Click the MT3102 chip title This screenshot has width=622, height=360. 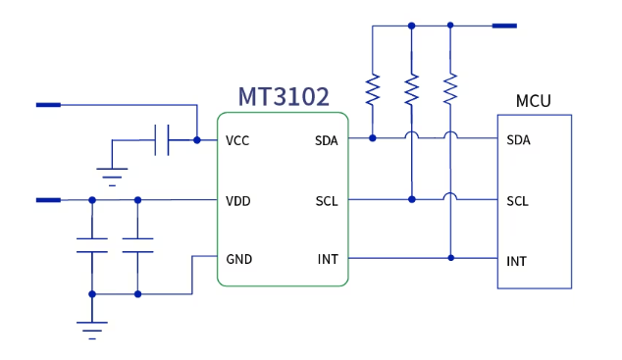pos(283,96)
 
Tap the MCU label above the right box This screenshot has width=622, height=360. pos(533,101)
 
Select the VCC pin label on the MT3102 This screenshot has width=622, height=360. pos(237,140)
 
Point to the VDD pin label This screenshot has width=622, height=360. pos(238,201)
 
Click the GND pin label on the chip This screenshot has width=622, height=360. pos(239,259)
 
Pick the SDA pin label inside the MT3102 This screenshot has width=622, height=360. pos(326,140)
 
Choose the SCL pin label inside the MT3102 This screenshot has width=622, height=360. pos(327,201)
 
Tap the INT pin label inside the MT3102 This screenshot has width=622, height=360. pos(328,259)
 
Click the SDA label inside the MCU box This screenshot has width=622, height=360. pos(518,140)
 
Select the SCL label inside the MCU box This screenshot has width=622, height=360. pos(517,201)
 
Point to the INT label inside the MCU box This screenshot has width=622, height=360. pos(516,261)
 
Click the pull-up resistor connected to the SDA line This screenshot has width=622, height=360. pos(373,89)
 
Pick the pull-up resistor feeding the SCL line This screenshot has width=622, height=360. pos(412,89)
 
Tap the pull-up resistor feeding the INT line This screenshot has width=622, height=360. pos(450,89)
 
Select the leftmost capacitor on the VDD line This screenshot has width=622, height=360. pos(92,245)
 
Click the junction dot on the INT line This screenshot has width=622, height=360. pos(450,258)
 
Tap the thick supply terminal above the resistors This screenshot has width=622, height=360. pos(503,26)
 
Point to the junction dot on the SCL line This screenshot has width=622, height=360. pos(412,199)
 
